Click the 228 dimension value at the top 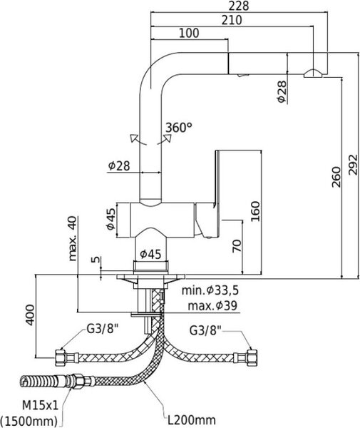[x=239, y=6]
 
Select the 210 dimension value [x=232, y=20]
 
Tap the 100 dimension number [x=189, y=33]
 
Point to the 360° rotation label [x=179, y=128]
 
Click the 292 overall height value [x=353, y=164]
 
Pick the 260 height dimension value [x=336, y=177]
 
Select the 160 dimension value [x=255, y=212]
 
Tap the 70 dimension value [x=237, y=245]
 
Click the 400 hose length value [x=30, y=315]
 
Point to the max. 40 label [x=73, y=238]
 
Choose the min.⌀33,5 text [x=210, y=290]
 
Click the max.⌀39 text [x=212, y=306]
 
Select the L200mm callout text [x=192, y=420]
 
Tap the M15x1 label [x=40, y=406]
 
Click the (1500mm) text [x=29, y=420]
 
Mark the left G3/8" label [x=103, y=329]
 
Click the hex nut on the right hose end [x=252, y=357]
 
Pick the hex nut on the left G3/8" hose [x=60, y=357]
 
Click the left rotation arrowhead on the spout [x=134, y=138]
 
